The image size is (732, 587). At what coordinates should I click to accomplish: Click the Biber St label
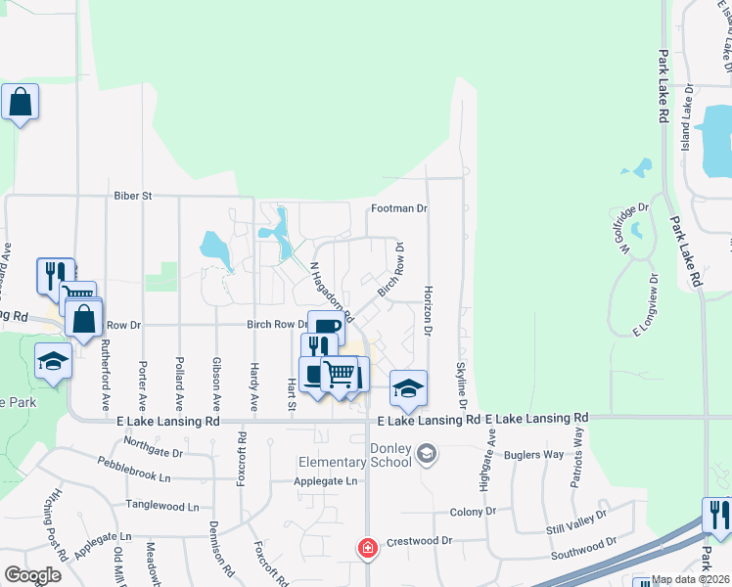click(x=132, y=196)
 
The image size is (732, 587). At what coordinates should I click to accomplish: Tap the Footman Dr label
click(x=399, y=208)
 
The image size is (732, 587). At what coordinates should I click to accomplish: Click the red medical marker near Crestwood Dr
click(x=368, y=548)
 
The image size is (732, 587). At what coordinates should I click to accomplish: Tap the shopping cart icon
click(x=339, y=373)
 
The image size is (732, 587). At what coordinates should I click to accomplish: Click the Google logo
click(x=32, y=575)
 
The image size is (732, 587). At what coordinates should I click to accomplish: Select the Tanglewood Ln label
click(x=161, y=507)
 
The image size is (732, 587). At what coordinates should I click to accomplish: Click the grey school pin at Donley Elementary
click(x=426, y=453)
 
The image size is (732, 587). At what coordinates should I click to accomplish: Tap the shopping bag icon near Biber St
click(x=20, y=102)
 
